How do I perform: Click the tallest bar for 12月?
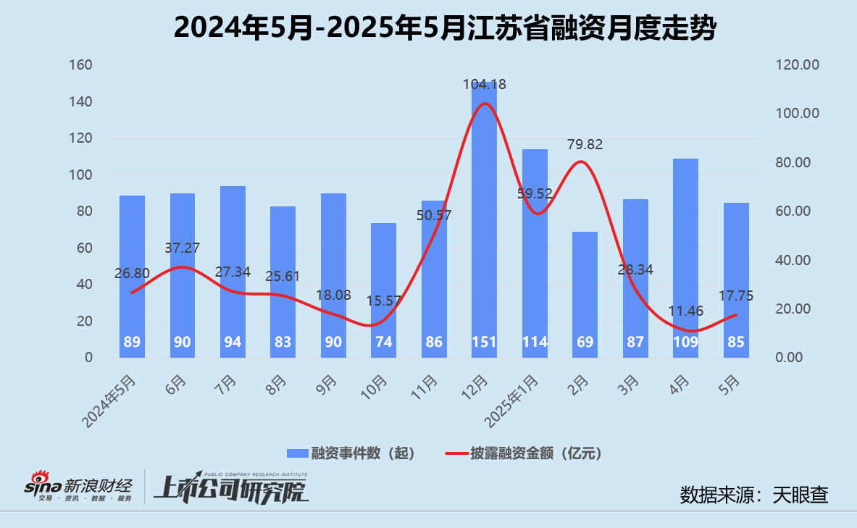[x=484, y=217]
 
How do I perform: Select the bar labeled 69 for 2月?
[x=585, y=290]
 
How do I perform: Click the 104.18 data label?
[x=485, y=85]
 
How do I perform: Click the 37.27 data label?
[x=183, y=248]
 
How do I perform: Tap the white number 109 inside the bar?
[x=685, y=342]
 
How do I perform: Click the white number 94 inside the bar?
[x=233, y=342]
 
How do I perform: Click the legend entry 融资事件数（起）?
[x=351, y=453]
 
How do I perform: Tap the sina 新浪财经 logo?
[x=80, y=487]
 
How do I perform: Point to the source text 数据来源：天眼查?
[x=754, y=495]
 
